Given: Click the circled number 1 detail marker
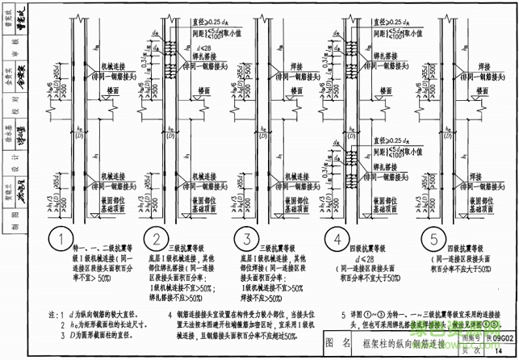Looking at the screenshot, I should click(x=60, y=239).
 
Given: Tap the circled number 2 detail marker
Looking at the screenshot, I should click(x=155, y=239).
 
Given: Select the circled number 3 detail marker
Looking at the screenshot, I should click(x=245, y=239).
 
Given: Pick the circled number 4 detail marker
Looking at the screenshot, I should click(x=337, y=239).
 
